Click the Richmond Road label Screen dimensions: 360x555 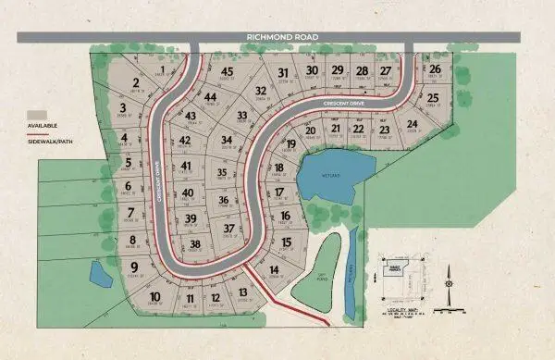pyautogui.click(x=282, y=37)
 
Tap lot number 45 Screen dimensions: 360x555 pyautogui.click(x=227, y=71)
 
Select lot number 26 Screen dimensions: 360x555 pyautogui.click(x=434, y=68)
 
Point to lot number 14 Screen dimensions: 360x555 pyautogui.click(x=274, y=269)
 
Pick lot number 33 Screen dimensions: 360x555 pyautogui.click(x=242, y=115)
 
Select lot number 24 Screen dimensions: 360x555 pyautogui.click(x=413, y=123)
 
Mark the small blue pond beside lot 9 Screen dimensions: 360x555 pyautogui.click(x=97, y=274)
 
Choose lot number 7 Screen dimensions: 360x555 pyautogui.click(x=131, y=212)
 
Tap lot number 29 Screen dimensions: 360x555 pyautogui.click(x=338, y=70)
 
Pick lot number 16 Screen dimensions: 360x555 pyautogui.click(x=286, y=216)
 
